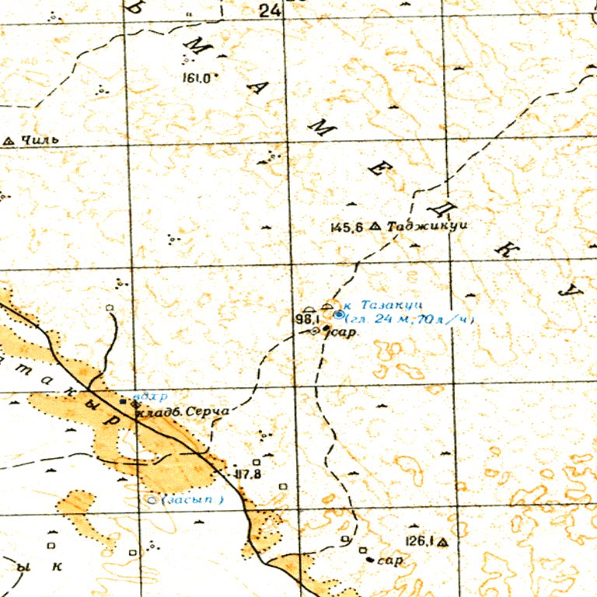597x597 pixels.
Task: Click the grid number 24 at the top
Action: [270, 10]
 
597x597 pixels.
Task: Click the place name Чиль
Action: [40, 141]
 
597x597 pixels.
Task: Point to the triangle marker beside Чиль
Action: [9, 141]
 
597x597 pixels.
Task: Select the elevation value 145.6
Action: [347, 228]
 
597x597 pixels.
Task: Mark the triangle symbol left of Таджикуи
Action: [375, 227]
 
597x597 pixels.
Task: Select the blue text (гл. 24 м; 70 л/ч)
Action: [408, 319]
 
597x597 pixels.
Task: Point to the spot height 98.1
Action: [307, 319]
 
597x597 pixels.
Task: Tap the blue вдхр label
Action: [145, 395]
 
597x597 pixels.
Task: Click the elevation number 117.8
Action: [246, 473]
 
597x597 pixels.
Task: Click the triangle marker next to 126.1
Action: [443, 542]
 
